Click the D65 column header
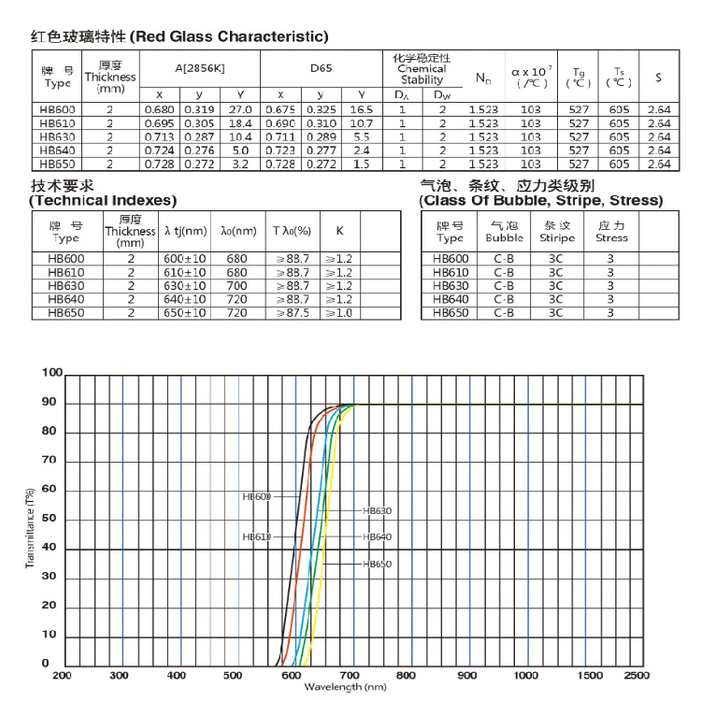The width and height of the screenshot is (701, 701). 321,68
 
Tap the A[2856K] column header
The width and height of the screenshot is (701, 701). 200,68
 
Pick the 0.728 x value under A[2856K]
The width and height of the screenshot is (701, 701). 160,164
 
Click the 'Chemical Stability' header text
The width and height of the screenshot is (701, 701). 422,74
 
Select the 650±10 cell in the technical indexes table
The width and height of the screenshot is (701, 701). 184,313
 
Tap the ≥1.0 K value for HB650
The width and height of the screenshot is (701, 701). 338,313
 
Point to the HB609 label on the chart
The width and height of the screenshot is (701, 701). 256,497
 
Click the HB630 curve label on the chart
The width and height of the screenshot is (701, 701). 377,511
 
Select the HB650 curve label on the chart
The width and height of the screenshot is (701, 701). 377,564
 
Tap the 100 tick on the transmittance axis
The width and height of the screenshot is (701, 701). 50,373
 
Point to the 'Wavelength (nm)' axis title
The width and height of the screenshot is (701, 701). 345,688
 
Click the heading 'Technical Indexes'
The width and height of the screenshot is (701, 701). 103,201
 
